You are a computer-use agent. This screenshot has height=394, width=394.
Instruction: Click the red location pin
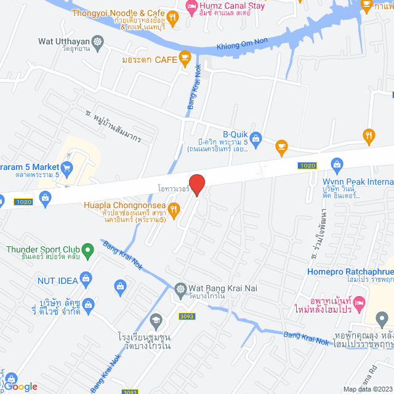coord(196,184)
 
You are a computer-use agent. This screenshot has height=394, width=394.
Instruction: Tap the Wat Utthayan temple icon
coord(98,42)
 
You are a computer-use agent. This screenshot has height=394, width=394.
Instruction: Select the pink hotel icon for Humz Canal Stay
coord(191,6)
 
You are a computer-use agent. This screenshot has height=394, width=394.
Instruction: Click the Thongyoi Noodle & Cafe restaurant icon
coord(172,19)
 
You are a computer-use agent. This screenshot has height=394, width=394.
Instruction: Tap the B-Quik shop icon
coord(256,138)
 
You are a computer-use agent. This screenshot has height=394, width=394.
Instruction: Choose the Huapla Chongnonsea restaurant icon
coord(174,212)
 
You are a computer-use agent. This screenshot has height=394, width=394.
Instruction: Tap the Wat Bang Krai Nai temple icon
coord(180,288)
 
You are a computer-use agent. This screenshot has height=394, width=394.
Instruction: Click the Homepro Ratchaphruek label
coord(349,273)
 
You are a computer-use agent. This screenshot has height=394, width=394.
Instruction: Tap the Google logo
coord(23,386)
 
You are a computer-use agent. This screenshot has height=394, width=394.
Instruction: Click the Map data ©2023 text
coord(368,389)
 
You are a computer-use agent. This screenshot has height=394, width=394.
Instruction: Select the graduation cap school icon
coord(156,320)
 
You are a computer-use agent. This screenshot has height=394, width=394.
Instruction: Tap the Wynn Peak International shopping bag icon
coord(337,163)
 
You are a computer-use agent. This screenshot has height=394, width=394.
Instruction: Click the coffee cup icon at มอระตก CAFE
coord(184,58)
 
